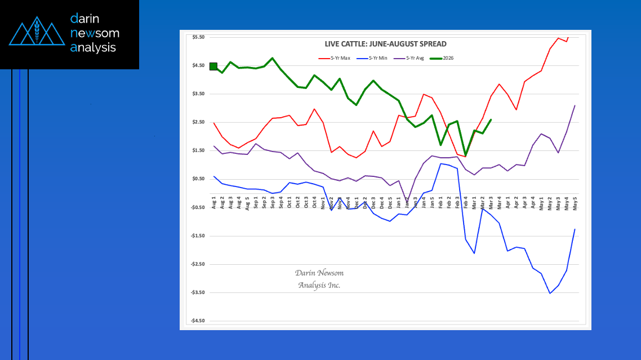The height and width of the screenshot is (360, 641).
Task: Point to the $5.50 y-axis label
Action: pos(198,37)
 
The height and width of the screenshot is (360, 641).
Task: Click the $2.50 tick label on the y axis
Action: pos(198,122)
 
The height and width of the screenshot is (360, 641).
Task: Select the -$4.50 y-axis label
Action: pos(197,321)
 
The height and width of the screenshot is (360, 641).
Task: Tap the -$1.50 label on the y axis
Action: pos(197,236)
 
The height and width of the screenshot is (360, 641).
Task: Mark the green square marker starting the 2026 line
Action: pos(213,66)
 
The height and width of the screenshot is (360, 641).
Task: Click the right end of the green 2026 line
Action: pos(491,119)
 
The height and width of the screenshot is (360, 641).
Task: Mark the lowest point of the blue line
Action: pos(550,293)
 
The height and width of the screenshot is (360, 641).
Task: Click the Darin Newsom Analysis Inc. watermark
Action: pos(319,279)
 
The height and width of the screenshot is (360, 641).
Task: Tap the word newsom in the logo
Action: pos(95,33)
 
